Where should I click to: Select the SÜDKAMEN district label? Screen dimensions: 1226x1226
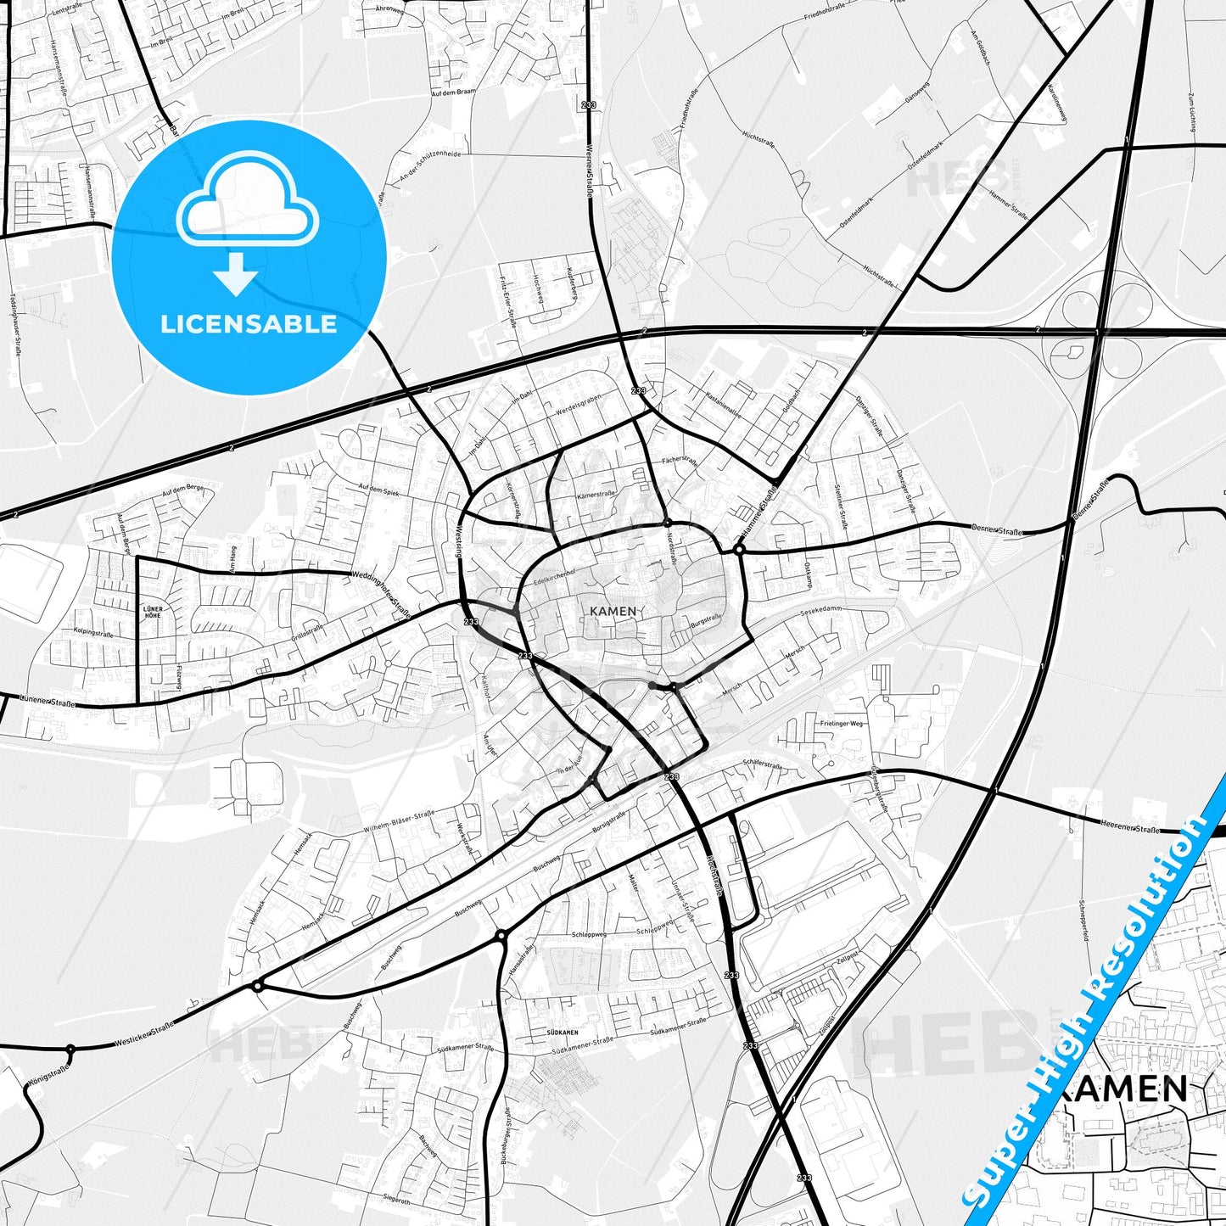coord(563,1033)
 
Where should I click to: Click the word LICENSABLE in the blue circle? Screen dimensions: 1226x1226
coord(249,324)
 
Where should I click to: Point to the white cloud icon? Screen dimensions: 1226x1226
coord(247,204)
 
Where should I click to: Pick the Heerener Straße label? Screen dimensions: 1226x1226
coord(1128,827)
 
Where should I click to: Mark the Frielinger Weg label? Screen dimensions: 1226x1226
coord(842,724)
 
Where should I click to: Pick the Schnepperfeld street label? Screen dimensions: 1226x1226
coord(1083,921)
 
